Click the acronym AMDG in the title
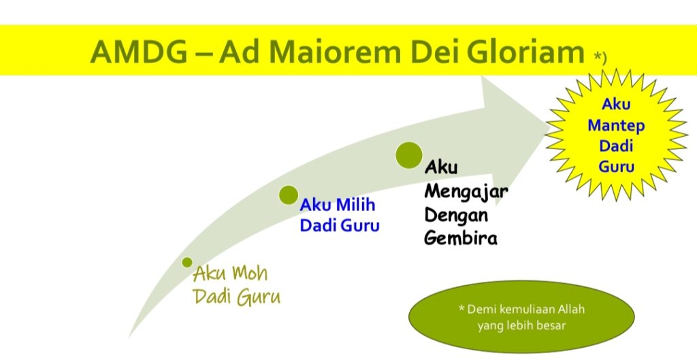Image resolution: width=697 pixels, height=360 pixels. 139,52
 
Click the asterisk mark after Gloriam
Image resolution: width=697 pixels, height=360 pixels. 597,55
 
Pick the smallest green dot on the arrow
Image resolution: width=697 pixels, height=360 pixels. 187,262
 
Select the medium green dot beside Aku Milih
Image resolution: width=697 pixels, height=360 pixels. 289,195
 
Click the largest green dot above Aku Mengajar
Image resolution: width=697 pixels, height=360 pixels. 409,155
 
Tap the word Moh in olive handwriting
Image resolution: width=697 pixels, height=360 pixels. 250,274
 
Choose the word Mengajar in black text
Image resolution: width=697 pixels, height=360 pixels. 466,192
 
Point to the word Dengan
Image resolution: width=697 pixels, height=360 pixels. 456,216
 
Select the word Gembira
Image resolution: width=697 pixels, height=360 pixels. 461,238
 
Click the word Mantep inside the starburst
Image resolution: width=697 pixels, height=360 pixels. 616,126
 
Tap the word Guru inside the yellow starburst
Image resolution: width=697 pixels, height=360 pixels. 616,167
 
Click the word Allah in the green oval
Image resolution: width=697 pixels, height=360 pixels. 571,308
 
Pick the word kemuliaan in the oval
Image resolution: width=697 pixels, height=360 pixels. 528,308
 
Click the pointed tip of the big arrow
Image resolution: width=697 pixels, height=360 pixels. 550,127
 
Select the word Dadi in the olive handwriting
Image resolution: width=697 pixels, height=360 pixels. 212,297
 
